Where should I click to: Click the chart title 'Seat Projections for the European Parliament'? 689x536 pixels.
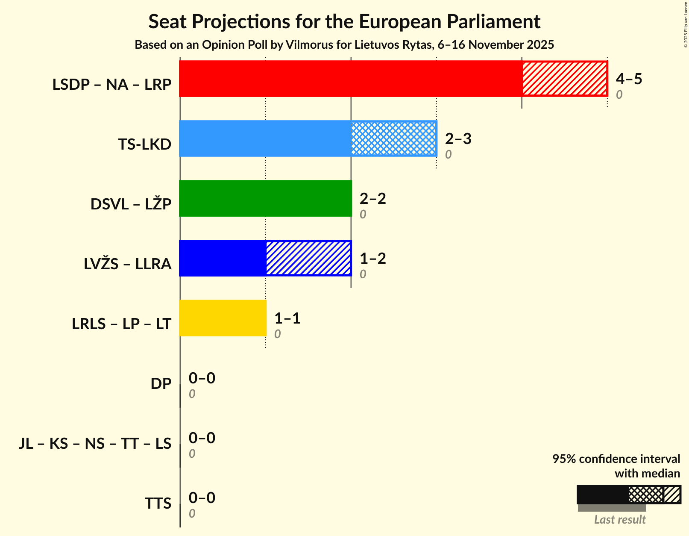344,22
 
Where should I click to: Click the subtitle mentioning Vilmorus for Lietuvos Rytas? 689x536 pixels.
344,45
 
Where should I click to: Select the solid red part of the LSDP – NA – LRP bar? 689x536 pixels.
350,79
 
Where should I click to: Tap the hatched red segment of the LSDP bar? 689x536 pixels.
564,79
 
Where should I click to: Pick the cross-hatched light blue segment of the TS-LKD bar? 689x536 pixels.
393,138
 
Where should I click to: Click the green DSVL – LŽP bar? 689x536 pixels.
265,198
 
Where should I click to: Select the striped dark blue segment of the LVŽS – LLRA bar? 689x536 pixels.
308,258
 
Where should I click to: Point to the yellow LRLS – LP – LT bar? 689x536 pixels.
223,318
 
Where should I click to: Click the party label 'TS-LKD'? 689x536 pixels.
145,144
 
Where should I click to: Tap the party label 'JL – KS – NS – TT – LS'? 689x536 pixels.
95,444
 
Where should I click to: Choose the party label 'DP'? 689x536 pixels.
161,384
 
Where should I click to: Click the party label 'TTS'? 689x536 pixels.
158,504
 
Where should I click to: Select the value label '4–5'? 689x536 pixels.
629,79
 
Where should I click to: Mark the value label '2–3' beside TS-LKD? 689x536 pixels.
458,138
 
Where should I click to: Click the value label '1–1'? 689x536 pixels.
287,318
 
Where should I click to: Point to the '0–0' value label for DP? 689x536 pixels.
202,378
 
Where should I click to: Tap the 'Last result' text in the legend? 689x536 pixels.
620,519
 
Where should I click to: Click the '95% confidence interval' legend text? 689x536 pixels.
616,459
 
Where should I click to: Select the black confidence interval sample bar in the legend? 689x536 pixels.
603,495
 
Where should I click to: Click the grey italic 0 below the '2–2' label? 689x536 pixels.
363,214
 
